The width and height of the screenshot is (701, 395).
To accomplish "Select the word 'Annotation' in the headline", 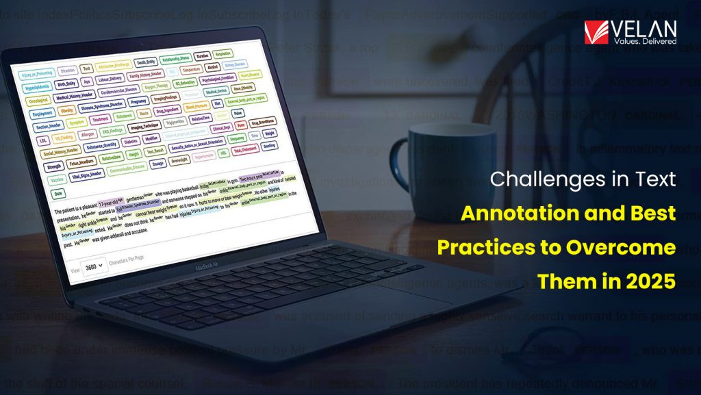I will [518, 213].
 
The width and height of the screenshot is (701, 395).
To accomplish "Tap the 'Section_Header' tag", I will [47, 127].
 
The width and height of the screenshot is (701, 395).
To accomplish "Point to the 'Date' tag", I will [58, 194].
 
